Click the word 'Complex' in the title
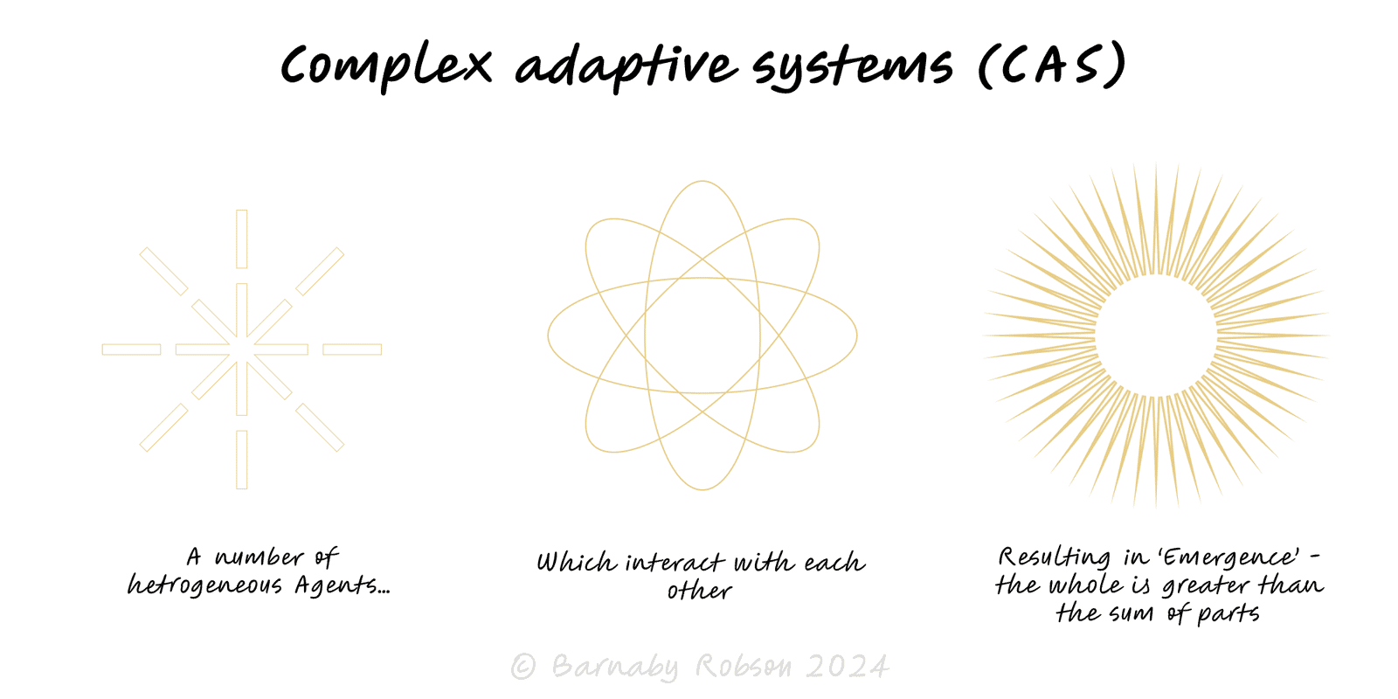pos(386,66)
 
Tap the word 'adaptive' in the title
pos(626,66)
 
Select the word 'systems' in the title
pos(852,67)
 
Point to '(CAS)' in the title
pos(1052,65)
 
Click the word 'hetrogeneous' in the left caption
pos(204,585)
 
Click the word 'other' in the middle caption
pos(699,591)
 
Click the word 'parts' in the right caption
pos(1228,614)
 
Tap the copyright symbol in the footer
pos(523,667)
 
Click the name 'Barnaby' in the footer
pos(615,667)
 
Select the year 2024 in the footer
pos(847,667)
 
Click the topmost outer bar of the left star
pos(242,239)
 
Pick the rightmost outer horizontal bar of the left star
pos(352,349)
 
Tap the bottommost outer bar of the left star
pos(242,460)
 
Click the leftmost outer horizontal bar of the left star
pos(132,349)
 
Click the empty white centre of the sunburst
pos(1156,336)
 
